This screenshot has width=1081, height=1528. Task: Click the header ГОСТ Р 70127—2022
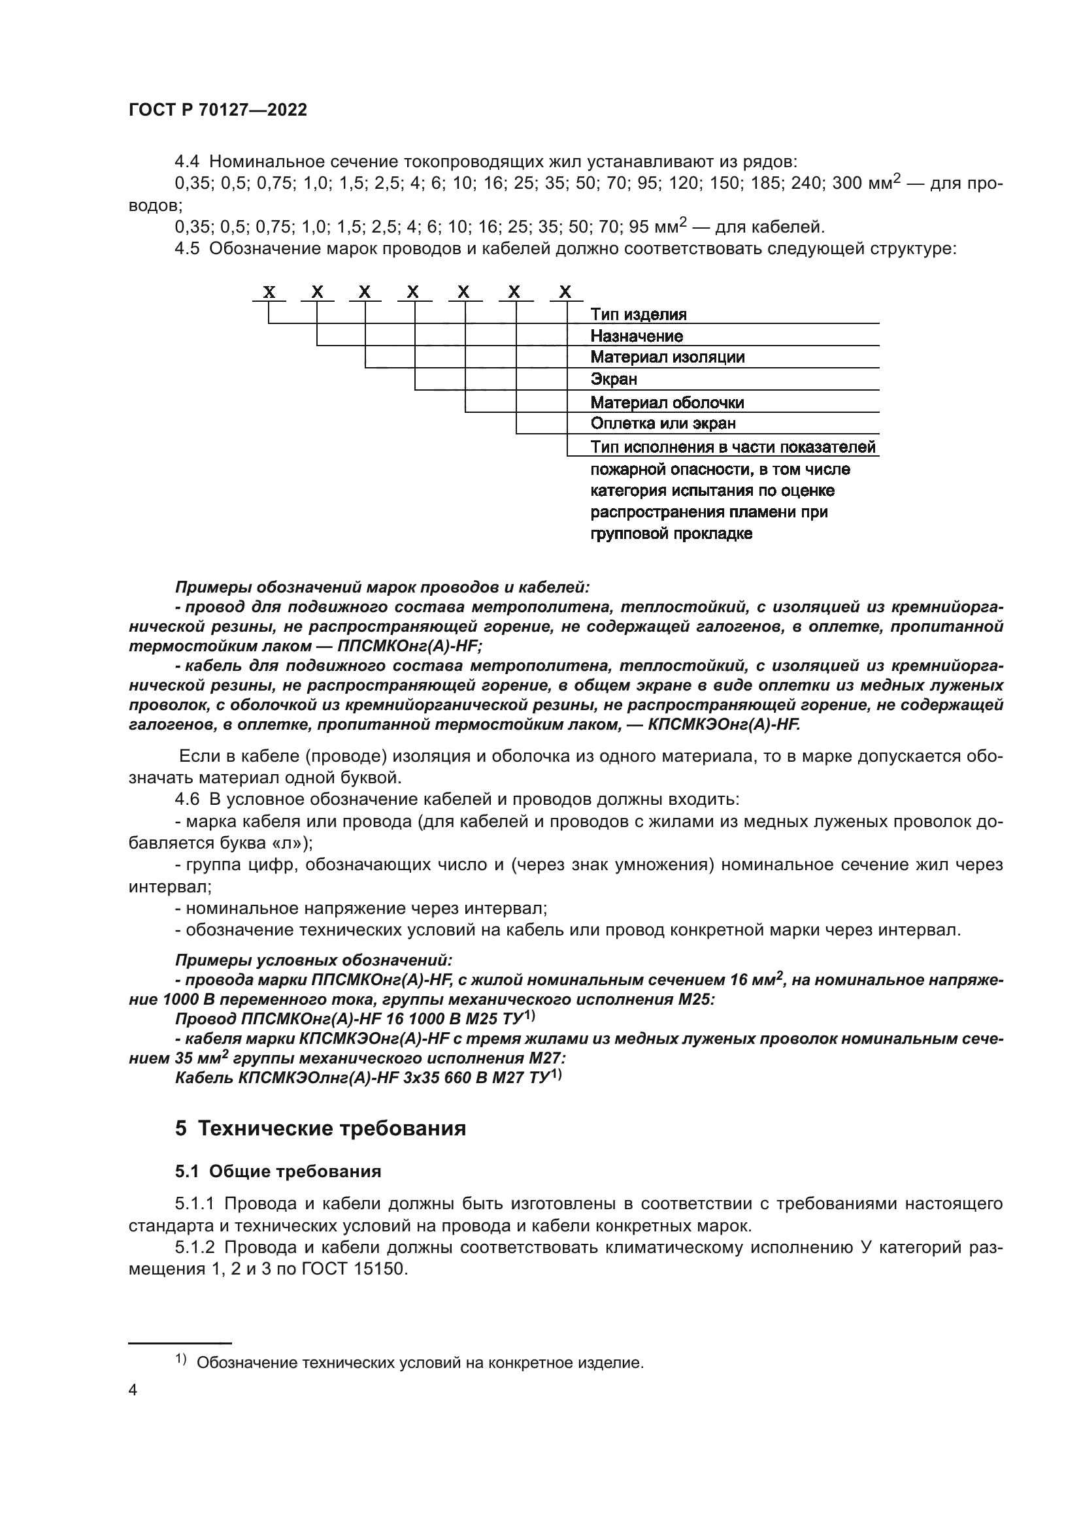(x=218, y=110)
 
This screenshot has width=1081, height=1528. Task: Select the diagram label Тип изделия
(x=638, y=314)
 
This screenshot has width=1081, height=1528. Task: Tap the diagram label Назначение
(x=636, y=336)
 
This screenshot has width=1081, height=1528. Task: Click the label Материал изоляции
(x=667, y=357)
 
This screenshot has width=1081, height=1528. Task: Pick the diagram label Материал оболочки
(x=667, y=402)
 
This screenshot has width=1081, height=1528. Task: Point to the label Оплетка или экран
(x=662, y=424)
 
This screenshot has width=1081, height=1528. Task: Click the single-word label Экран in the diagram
(x=613, y=380)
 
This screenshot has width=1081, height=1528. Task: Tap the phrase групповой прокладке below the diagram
(x=671, y=534)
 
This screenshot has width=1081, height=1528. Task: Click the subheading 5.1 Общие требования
(x=278, y=1171)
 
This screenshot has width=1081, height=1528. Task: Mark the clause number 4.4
(x=187, y=162)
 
